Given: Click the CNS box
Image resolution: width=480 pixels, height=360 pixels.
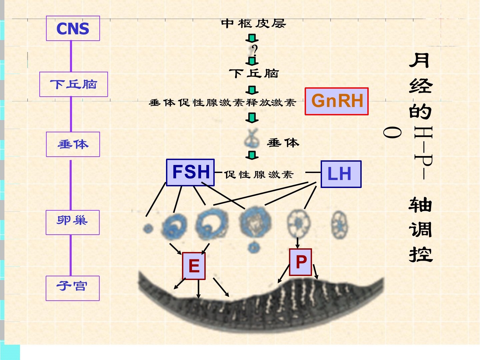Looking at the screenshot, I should pos(73,29).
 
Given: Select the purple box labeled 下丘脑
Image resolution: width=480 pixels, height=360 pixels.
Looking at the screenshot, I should pos(74,84).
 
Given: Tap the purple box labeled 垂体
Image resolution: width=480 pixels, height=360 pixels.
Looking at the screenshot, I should pos(73,144).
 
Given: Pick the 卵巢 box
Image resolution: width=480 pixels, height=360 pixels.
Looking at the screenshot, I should pos(73,222).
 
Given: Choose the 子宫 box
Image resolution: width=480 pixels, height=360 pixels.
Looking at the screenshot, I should pos(73,288).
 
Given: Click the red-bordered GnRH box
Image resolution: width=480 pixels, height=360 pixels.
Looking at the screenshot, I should pos(337,101).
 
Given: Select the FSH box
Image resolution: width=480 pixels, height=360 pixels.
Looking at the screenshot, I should pos(190,172).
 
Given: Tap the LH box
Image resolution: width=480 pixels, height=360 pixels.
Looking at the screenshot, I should pos(341,174).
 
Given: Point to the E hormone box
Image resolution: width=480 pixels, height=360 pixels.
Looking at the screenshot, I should pos(194,266).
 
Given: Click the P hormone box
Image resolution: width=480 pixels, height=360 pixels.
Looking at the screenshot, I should pos(301,262).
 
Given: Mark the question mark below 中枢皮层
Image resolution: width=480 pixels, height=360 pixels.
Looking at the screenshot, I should pos(255,50).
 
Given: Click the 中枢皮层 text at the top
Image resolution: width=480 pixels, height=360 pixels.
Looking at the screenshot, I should pos(253,23).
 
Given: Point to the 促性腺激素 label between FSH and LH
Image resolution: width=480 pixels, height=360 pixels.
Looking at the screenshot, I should pos(259,174).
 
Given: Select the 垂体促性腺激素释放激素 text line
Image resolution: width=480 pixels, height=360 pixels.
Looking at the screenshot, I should pos(222,102).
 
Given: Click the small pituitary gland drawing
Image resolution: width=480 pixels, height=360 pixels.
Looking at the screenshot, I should pos(252,138).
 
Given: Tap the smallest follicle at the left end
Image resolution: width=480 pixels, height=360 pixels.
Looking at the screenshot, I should pos(148,229).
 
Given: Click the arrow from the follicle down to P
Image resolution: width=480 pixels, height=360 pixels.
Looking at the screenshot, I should pos(297,242).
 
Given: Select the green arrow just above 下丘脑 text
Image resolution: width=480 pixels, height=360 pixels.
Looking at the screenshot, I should pos(252,61).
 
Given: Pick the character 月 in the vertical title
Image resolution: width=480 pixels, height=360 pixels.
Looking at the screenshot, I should pos(420,61).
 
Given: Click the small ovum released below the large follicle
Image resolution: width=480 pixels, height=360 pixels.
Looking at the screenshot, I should pos(254,247).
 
